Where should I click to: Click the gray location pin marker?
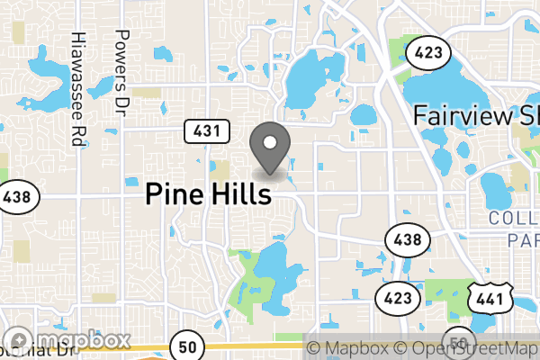tap(270, 148)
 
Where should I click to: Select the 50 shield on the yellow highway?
tap(187, 346)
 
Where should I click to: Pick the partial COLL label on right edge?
tap(514, 219)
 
